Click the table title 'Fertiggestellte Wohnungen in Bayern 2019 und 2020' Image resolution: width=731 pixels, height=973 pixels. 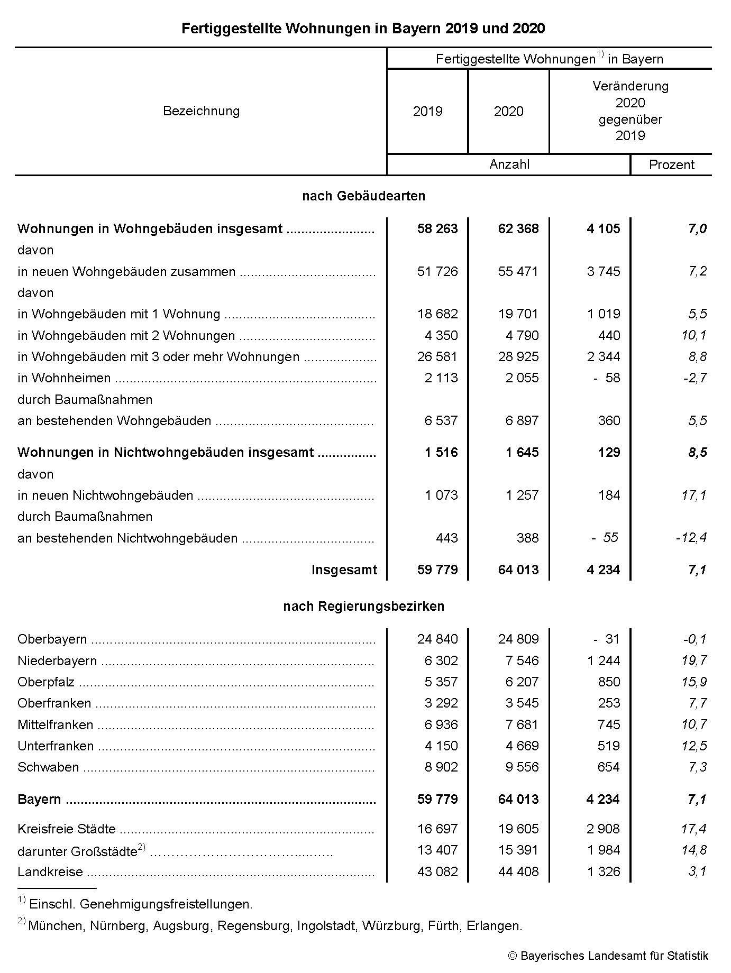click(x=363, y=29)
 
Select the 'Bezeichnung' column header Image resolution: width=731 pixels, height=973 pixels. click(x=201, y=111)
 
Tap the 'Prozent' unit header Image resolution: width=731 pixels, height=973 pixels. click(x=671, y=165)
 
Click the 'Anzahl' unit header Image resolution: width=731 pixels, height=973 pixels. click(x=509, y=164)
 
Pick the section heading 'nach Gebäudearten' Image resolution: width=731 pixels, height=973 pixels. click(x=363, y=196)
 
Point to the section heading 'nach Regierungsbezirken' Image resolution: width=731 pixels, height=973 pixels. click(x=363, y=607)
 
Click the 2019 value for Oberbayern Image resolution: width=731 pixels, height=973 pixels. click(x=437, y=639)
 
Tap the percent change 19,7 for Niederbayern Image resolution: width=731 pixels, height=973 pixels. click(x=694, y=660)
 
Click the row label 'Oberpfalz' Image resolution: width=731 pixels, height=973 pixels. click(x=46, y=682)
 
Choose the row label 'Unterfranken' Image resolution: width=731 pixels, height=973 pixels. click(x=56, y=746)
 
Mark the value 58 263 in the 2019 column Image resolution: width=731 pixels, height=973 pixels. click(x=437, y=229)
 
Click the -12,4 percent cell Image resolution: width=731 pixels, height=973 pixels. click(x=691, y=538)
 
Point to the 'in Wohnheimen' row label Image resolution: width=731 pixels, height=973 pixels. click(x=64, y=378)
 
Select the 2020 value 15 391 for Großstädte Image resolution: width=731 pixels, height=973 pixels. click(x=518, y=850)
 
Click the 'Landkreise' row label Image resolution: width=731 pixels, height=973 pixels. click(x=50, y=871)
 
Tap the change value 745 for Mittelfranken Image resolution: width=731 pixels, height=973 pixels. click(x=609, y=725)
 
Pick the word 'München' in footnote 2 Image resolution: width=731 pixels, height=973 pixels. click(x=56, y=926)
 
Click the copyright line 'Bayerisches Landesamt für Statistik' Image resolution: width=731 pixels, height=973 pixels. click(x=614, y=956)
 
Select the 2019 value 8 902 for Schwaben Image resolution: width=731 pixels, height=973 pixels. click(x=441, y=767)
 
